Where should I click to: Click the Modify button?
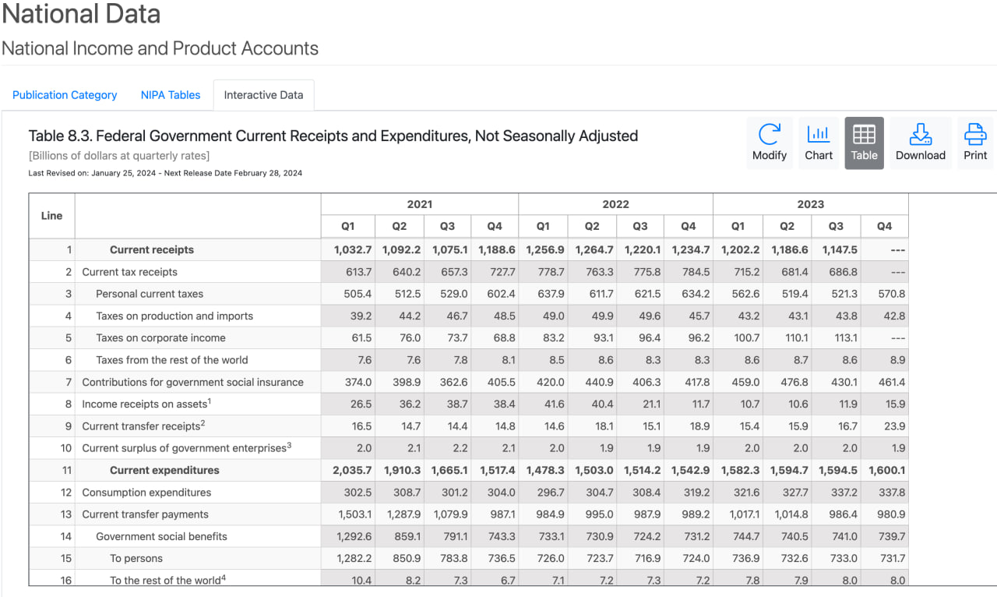pyautogui.click(x=769, y=143)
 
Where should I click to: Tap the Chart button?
pyautogui.click(x=818, y=143)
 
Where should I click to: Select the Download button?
pyautogui.click(x=921, y=143)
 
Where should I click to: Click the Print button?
pyautogui.click(x=974, y=143)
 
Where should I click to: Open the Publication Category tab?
pyautogui.click(x=65, y=95)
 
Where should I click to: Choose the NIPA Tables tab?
pyautogui.click(x=171, y=95)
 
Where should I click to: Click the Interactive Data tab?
pyautogui.click(x=263, y=95)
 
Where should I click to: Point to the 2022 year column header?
pyautogui.click(x=615, y=204)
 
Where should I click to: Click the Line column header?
pyautogui.click(x=51, y=216)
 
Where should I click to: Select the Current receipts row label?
pyautogui.click(x=152, y=249)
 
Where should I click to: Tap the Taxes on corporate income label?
pyautogui.click(x=160, y=337)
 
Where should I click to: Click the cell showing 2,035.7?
pyautogui.click(x=352, y=470)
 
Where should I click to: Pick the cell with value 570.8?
pyautogui.click(x=892, y=294)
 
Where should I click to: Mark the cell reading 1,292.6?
pyautogui.click(x=354, y=536)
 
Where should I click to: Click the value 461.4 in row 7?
pyautogui.click(x=892, y=382)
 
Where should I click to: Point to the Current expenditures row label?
pyautogui.click(x=164, y=470)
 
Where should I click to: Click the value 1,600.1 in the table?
pyautogui.click(x=886, y=470)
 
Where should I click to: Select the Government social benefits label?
pyautogui.click(x=161, y=536)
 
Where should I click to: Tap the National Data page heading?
pyautogui.click(x=81, y=13)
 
